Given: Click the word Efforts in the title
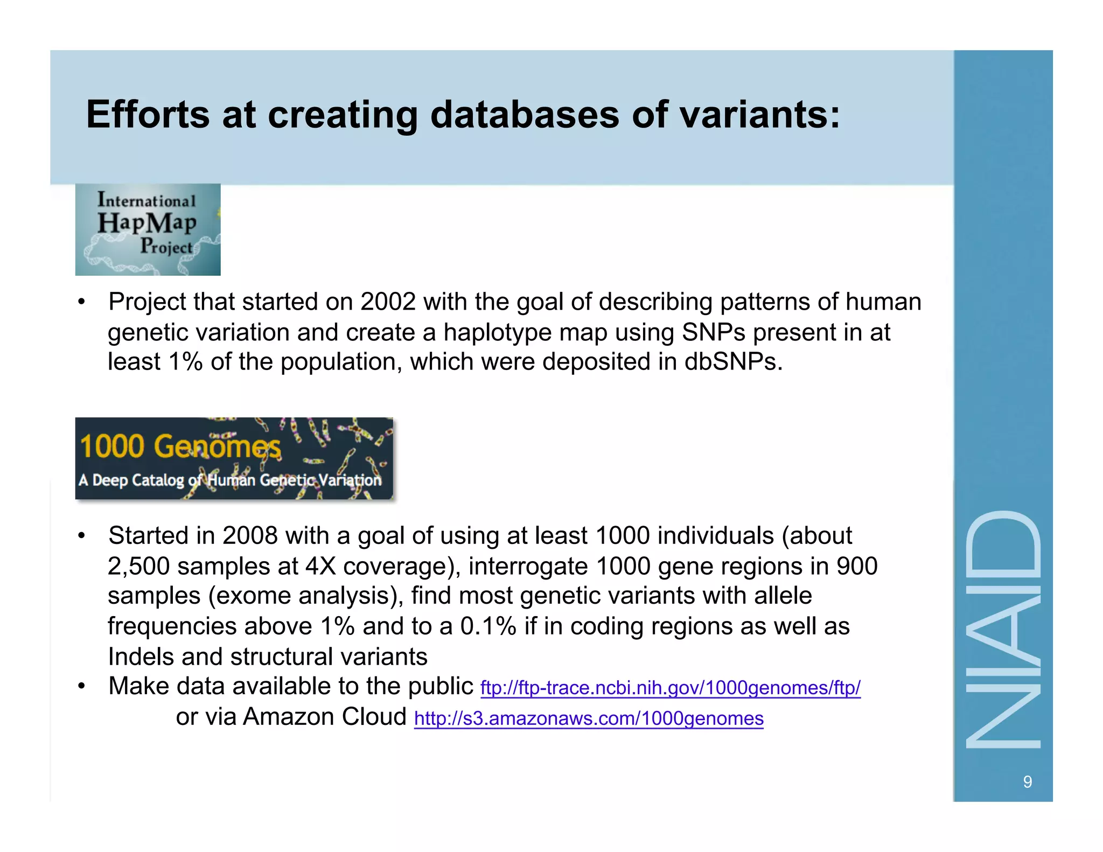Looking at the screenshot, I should pyautogui.click(x=148, y=115).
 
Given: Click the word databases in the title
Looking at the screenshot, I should pyautogui.click(x=525, y=115).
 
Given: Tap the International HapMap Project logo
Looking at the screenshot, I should pyautogui.click(x=148, y=229).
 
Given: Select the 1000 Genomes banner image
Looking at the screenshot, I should pyautogui.click(x=234, y=458).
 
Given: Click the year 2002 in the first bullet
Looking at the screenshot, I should pyautogui.click(x=388, y=302).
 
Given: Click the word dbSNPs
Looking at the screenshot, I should pyautogui.click(x=732, y=361).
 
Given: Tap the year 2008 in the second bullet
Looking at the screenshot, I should pyautogui.click(x=250, y=536).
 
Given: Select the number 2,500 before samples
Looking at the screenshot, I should pyautogui.click(x=138, y=567).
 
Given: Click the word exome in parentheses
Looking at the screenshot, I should pyautogui.click(x=250, y=596).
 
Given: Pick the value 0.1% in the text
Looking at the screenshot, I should pyautogui.click(x=488, y=626).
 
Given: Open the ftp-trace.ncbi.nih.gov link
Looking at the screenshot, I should pyautogui.click(x=670, y=688).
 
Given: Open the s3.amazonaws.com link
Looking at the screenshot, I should pyautogui.click(x=589, y=719).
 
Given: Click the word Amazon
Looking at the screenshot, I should pyautogui.click(x=289, y=717).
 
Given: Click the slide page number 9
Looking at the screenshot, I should pyautogui.click(x=1027, y=782).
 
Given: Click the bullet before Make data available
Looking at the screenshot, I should pyautogui.click(x=81, y=687).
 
